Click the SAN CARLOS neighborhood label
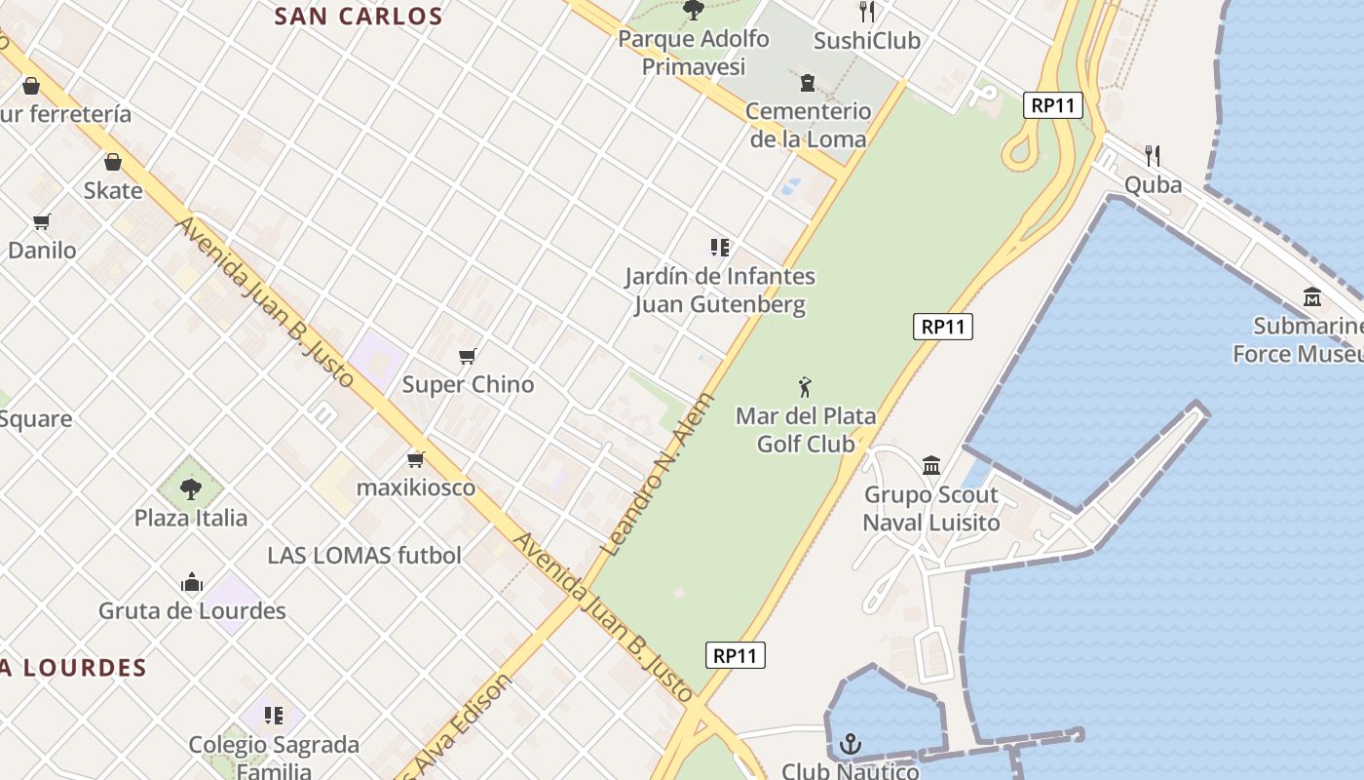point(359,17)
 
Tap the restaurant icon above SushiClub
point(867,12)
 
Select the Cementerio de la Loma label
point(808,125)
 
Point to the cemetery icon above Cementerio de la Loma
point(807,83)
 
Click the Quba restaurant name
point(1153,185)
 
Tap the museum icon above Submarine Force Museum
point(1311,296)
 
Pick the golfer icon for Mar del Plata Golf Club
point(805,387)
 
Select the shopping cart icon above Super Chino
point(468,356)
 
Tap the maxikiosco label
point(416,487)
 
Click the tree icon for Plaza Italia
point(191,488)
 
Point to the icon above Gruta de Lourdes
point(192,583)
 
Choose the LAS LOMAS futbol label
point(364,556)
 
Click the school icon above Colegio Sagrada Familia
point(274,716)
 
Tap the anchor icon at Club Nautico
point(851,745)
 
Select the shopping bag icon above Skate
point(113,162)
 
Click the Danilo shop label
point(42,251)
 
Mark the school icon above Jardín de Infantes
point(720,248)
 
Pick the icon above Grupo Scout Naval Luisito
point(931,465)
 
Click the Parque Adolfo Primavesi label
point(694,53)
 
